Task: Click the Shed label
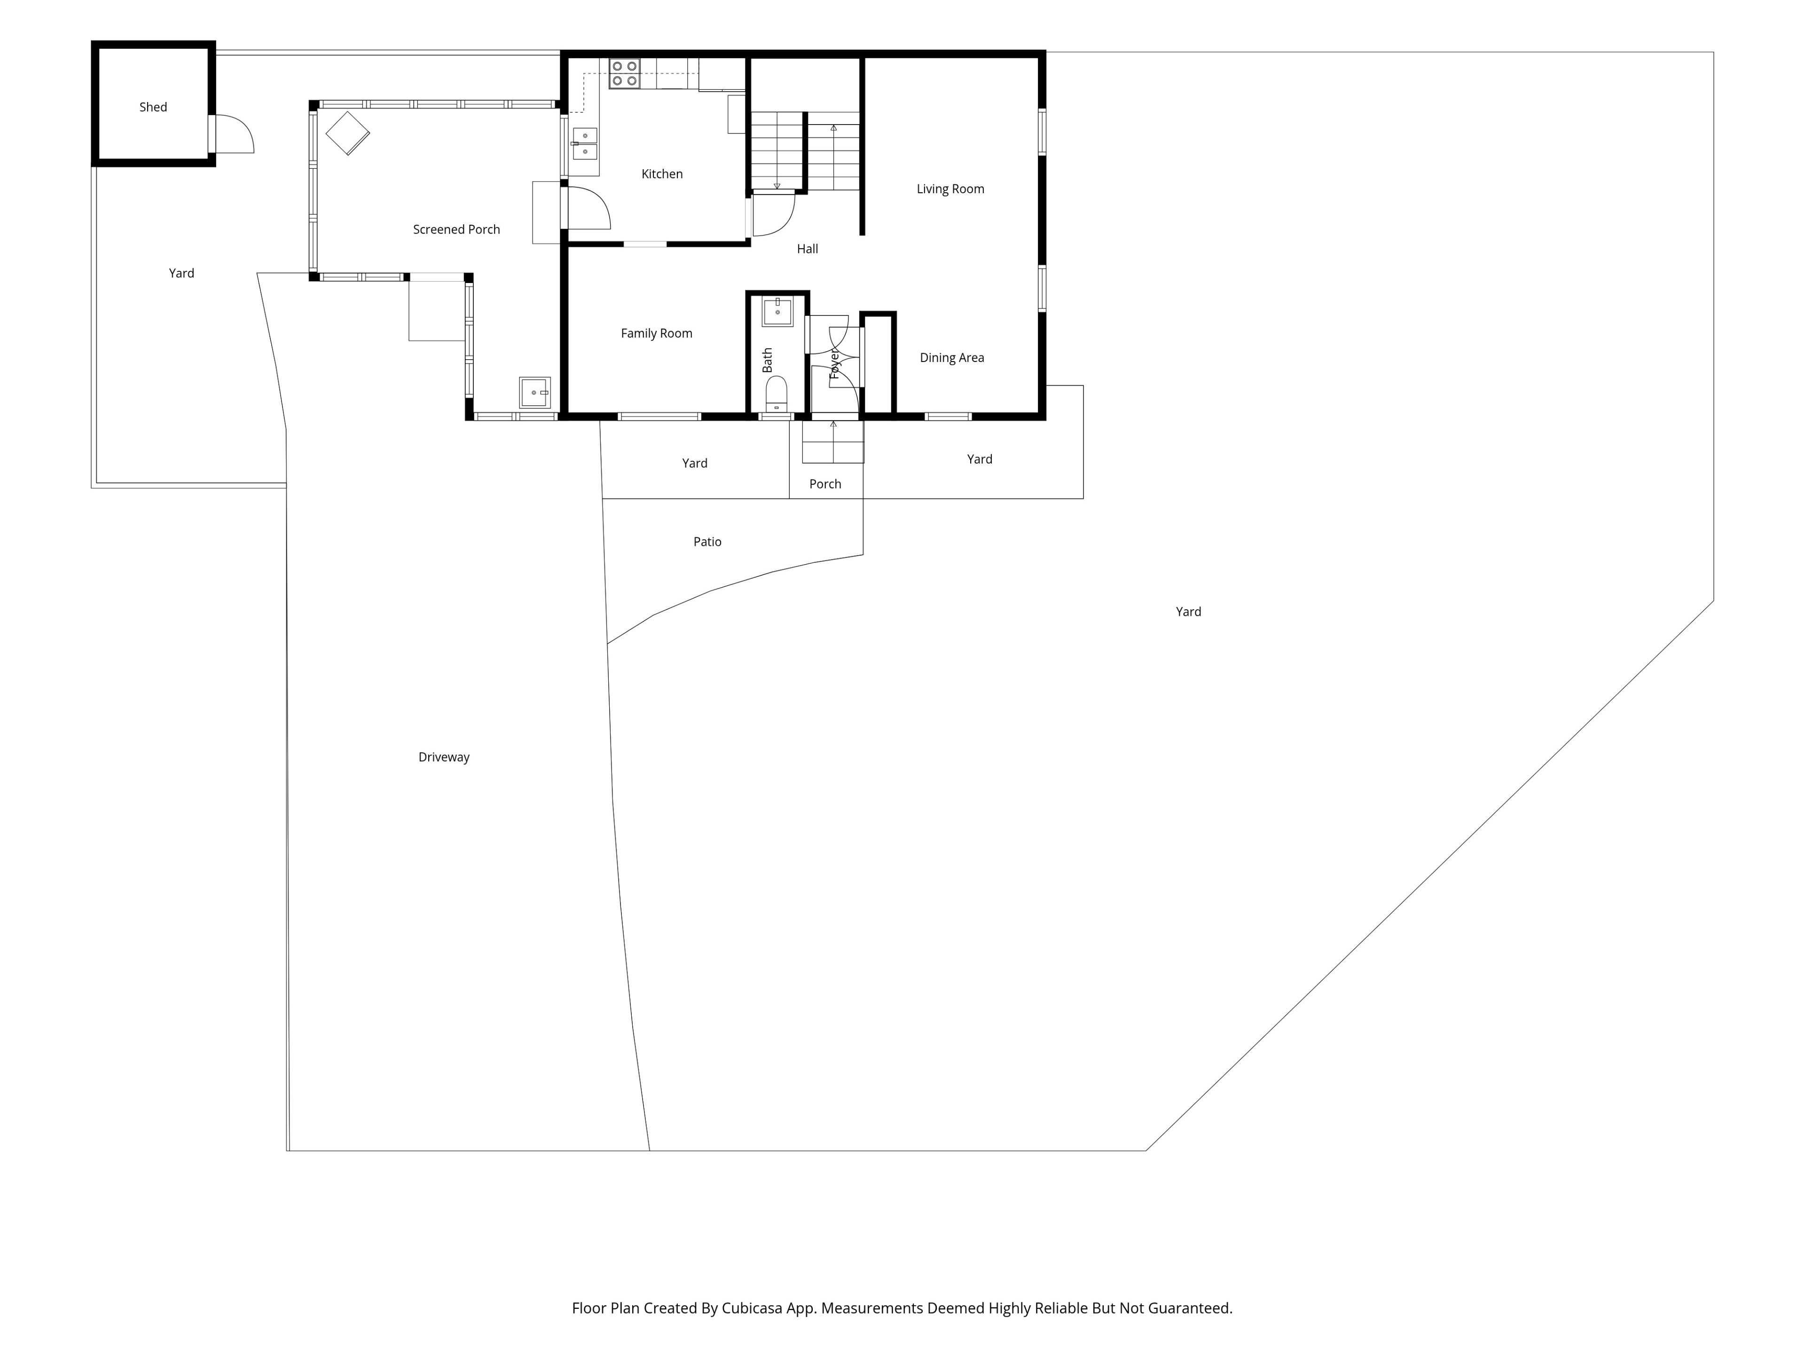[x=153, y=107]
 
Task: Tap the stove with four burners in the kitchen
[x=624, y=73]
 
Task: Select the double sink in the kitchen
[x=585, y=144]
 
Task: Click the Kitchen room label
[x=662, y=174]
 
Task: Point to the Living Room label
[x=950, y=189]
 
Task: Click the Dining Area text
[x=951, y=357]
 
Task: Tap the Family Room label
[x=656, y=333]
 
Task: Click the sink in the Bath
[x=777, y=312]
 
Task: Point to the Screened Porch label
[x=456, y=229]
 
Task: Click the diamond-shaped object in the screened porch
[x=348, y=133]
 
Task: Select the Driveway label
[x=444, y=757]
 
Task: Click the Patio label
[x=707, y=542]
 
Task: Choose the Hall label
[x=807, y=249]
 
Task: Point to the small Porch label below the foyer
[x=825, y=484]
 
